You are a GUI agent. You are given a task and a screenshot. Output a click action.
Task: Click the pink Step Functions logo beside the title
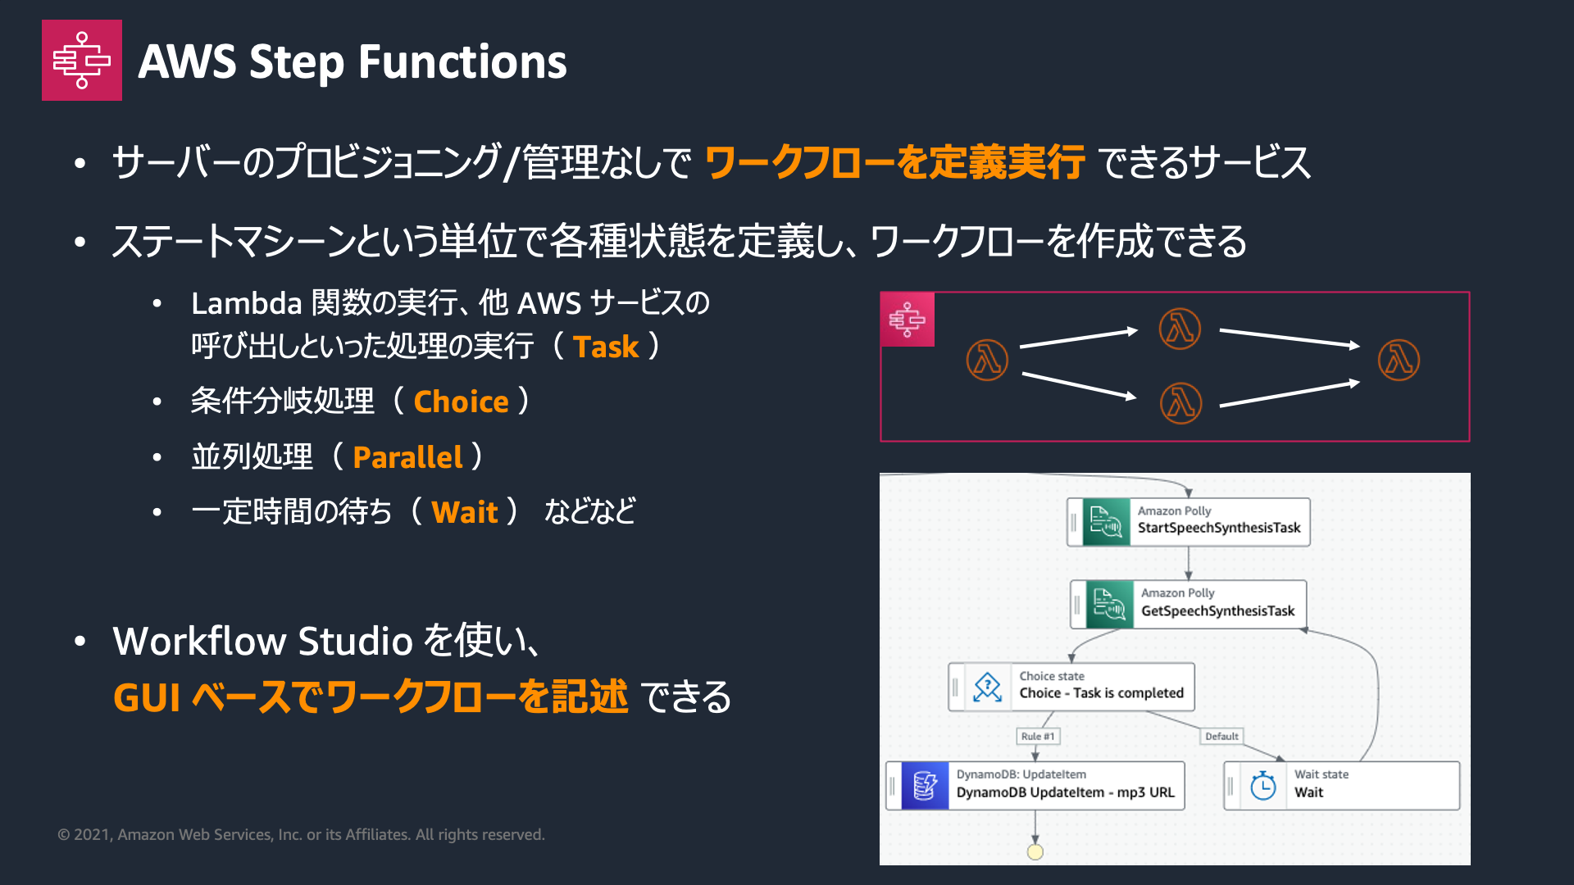click(x=82, y=61)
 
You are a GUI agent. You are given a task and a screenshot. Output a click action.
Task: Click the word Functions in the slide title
click(x=462, y=62)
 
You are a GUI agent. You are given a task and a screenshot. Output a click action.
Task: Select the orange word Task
click(x=605, y=347)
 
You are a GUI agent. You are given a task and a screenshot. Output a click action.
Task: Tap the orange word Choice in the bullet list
click(x=461, y=402)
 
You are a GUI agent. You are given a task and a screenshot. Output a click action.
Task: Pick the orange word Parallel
click(x=407, y=457)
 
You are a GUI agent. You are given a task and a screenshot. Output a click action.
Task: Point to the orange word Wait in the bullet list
click(x=465, y=512)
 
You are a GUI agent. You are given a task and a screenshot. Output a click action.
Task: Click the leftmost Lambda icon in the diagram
click(x=987, y=361)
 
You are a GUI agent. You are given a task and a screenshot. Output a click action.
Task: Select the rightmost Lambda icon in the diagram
click(x=1399, y=361)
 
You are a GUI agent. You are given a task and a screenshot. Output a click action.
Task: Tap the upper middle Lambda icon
click(x=1180, y=329)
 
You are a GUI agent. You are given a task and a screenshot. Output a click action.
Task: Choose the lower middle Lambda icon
click(x=1180, y=403)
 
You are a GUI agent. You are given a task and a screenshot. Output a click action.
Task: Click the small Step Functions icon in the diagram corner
click(x=907, y=320)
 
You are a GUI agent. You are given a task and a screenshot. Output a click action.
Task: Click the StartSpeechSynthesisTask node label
click(x=1218, y=528)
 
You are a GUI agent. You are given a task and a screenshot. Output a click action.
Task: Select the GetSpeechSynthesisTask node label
click(x=1217, y=611)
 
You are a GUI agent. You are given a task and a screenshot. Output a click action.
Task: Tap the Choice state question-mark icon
click(x=988, y=688)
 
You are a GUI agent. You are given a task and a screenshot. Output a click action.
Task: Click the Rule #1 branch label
click(x=1038, y=737)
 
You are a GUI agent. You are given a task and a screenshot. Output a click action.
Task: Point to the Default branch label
click(x=1221, y=737)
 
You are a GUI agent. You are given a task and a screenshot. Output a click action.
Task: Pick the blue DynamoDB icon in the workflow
click(x=925, y=786)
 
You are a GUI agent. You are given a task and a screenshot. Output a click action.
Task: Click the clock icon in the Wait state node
click(x=1263, y=786)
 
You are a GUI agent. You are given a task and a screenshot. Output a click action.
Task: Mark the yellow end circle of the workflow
click(x=1035, y=852)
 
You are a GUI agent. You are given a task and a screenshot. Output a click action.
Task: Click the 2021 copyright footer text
click(x=301, y=835)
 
